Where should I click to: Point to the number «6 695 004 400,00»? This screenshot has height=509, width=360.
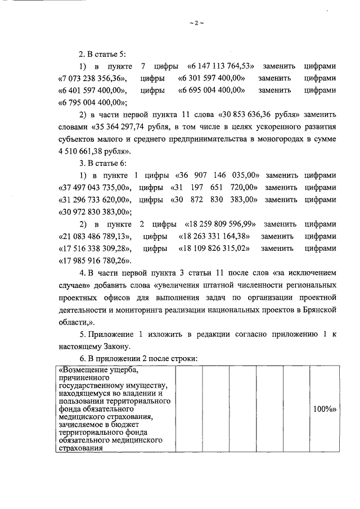tap(211, 90)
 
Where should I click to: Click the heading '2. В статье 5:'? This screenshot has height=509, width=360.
tap(102, 54)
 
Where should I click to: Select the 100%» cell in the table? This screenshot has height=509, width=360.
tap(324, 409)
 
